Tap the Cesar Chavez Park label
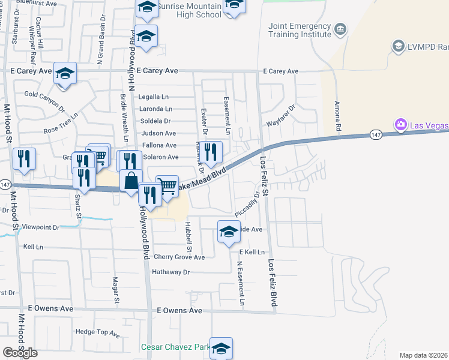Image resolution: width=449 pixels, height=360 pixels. [x=175, y=347]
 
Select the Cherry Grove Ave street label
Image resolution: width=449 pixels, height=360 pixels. [x=179, y=257]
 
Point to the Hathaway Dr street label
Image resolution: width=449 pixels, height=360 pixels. [x=171, y=272]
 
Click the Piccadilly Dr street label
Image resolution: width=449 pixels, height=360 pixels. [x=248, y=203]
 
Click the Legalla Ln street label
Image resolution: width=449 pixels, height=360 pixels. [x=154, y=97]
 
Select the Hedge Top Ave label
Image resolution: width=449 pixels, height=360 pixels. [x=98, y=332]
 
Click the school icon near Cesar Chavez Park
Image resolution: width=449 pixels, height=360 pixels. [x=221, y=349]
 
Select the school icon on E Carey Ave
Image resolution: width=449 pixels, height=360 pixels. [x=65, y=74]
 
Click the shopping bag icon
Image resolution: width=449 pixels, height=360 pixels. [x=131, y=181]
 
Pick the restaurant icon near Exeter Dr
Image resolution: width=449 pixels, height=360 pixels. [x=210, y=152]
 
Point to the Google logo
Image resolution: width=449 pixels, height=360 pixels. [x=20, y=353]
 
